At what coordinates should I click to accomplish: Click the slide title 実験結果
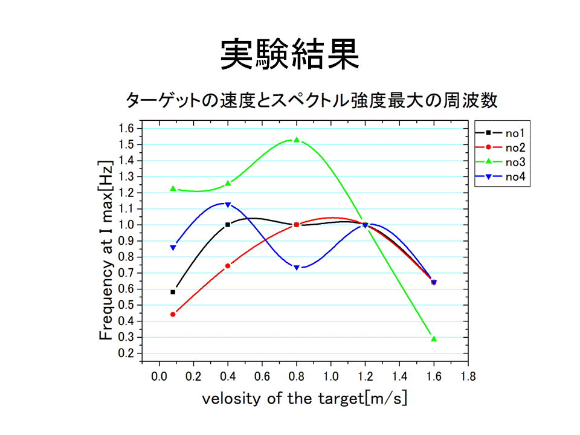point(289,55)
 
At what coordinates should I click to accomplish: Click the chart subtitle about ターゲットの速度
point(312,100)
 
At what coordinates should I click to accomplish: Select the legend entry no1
point(500,133)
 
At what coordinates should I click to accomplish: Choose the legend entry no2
point(500,147)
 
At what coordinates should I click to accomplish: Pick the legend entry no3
point(500,162)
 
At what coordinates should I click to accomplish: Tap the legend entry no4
point(500,177)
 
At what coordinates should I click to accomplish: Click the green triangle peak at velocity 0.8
point(296,140)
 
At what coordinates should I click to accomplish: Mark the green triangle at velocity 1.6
point(434,338)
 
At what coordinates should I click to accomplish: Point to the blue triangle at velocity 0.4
point(228,205)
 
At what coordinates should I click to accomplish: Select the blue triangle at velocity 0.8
point(296,268)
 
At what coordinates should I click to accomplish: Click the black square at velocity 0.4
point(228,225)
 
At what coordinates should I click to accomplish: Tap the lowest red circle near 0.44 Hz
point(173,314)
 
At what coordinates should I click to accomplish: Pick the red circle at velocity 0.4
point(228,266)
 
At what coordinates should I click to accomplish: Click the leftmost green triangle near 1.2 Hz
point(173,188)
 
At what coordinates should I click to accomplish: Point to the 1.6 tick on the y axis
point(126,129)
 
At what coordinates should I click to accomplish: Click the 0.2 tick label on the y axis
point(126,353)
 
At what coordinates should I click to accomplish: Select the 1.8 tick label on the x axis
point(468,376)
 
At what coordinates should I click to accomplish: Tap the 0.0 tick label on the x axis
point(159,376)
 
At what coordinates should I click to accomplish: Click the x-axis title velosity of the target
point(304,399)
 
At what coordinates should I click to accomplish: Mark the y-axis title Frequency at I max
point(106,250)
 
